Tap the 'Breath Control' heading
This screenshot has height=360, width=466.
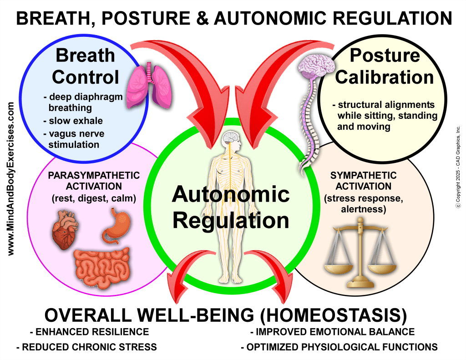(86, 66)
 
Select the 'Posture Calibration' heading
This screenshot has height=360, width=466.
(385, 66)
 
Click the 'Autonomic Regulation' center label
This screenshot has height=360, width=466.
(231, 208)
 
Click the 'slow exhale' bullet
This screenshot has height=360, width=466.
(73, 121)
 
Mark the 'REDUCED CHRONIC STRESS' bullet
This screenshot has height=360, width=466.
(86, 347)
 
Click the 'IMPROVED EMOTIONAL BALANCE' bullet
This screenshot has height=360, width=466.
(332, 332)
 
